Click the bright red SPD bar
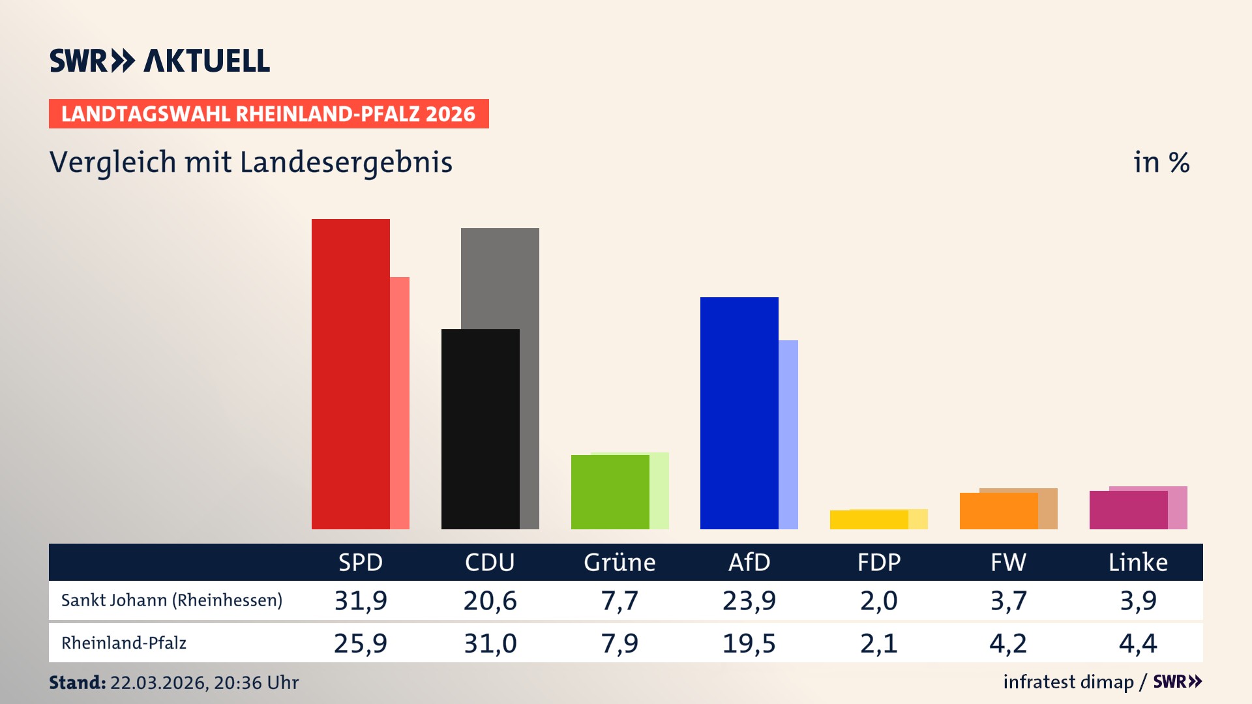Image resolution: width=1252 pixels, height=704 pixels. (x=350, y=374)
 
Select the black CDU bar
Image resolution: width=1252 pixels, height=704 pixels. (x=480, y=429)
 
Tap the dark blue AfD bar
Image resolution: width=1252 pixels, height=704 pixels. (x=739, y=413)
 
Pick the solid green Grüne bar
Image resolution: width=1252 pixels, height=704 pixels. (x=610, y=491)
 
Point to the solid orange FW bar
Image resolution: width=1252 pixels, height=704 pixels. (x=998, y=511)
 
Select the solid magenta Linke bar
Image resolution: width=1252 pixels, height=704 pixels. (x=1128, y=510)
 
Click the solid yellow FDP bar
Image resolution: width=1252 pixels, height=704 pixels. (x=869, y=520)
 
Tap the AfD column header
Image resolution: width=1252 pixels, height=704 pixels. (x=749, y=562)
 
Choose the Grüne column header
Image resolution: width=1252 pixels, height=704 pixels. (x=619, y=562)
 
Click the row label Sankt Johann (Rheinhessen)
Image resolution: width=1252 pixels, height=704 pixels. (x=171, y=600)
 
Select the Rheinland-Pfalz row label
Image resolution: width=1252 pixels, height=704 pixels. (x=124, y=643)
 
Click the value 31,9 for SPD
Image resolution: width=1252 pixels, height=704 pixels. (x=361, y=600)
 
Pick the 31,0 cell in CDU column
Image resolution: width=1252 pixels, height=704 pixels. (x=490, y=643)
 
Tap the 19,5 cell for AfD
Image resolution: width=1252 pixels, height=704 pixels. (x=749, y=643)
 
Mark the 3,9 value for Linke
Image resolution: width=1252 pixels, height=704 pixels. (x=1139, y=600)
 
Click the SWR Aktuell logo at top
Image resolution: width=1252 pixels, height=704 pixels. (x=160, y=61)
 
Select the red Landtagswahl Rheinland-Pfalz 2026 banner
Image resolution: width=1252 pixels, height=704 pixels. (x=269, y=113)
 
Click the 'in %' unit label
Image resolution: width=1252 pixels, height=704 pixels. (x=1161, y=162)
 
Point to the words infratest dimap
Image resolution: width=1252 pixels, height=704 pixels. (x=1068, y=682)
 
